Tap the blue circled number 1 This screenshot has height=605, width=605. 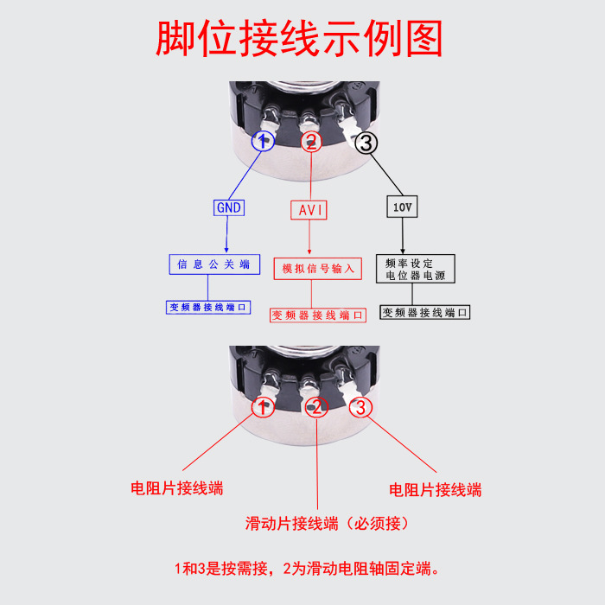click(264, 142)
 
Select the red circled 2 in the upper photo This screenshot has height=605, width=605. click(311, 142)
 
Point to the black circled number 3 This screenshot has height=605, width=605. click(366, 143)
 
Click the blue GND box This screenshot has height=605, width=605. click(229, 207)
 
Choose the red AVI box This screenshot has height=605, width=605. click(312, 210)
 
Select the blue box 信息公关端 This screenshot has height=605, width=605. click(213, 264)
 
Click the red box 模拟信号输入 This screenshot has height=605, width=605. click(318, 268)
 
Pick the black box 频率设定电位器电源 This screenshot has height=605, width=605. click(415, 269)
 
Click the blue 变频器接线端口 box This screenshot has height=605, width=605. click(208, 307)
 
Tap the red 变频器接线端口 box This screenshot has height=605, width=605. click(317, 315)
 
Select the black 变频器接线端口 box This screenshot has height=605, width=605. click(426, 312)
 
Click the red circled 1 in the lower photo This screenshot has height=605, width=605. click(263, 407)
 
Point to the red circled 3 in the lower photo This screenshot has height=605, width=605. click(362, 406)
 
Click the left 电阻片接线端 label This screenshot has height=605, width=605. click(176, 488)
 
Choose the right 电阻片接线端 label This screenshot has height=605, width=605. click(435, 490)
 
